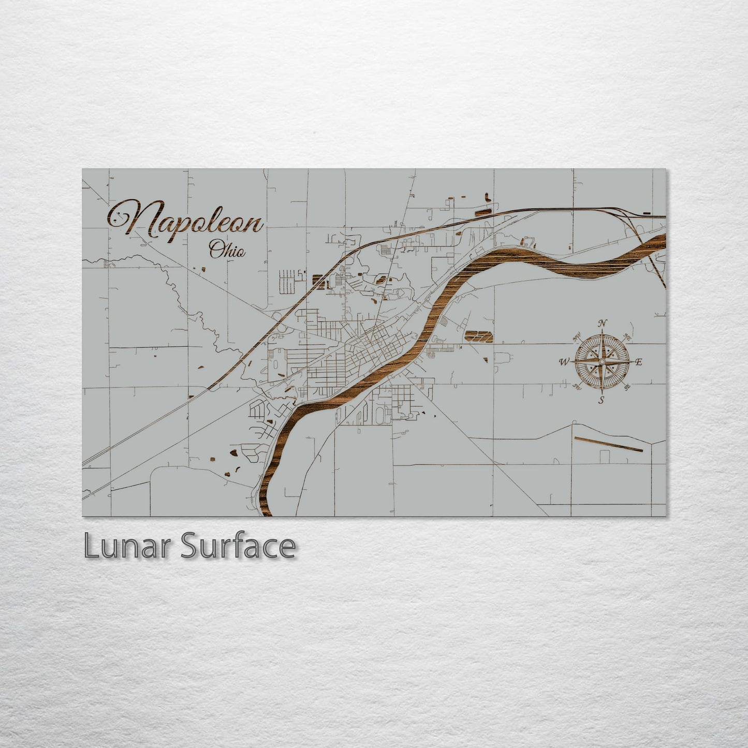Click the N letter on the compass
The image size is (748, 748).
coord(602,324)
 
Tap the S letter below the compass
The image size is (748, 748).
coord(602,400)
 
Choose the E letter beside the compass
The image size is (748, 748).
coord(639,362)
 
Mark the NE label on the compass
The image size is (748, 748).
coord(628,337)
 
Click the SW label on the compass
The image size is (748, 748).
coord(576,386)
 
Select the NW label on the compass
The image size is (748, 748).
coord(576,339)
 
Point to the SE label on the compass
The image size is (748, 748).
coord(627,386)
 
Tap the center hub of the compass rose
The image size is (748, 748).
coord(602,361)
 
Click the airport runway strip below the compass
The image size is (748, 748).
coord(609,445)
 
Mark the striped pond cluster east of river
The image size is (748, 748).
coord(479,336)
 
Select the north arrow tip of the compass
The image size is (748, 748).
coord(602,332)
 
